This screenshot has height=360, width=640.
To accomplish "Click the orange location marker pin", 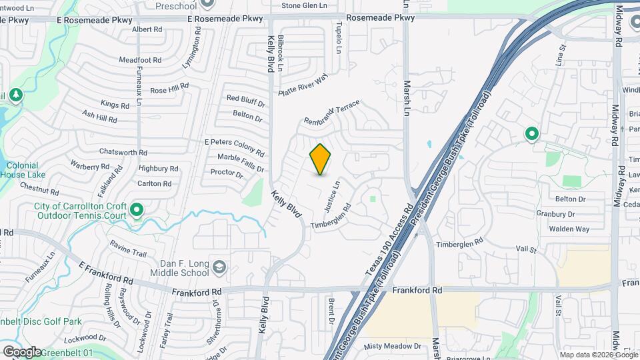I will pos(320,159).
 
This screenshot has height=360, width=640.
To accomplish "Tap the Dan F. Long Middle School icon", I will pos(219,268).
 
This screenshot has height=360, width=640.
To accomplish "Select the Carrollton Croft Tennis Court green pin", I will pos(137,211).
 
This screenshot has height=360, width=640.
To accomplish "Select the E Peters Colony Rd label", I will pos(234,143).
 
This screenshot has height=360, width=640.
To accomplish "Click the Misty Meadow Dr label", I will pos(393,347).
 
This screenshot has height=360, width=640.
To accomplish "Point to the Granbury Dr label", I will pos(555,214).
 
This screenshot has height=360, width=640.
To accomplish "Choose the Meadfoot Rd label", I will pos(140,59).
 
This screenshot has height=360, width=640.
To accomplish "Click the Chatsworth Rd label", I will pos(123,153).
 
